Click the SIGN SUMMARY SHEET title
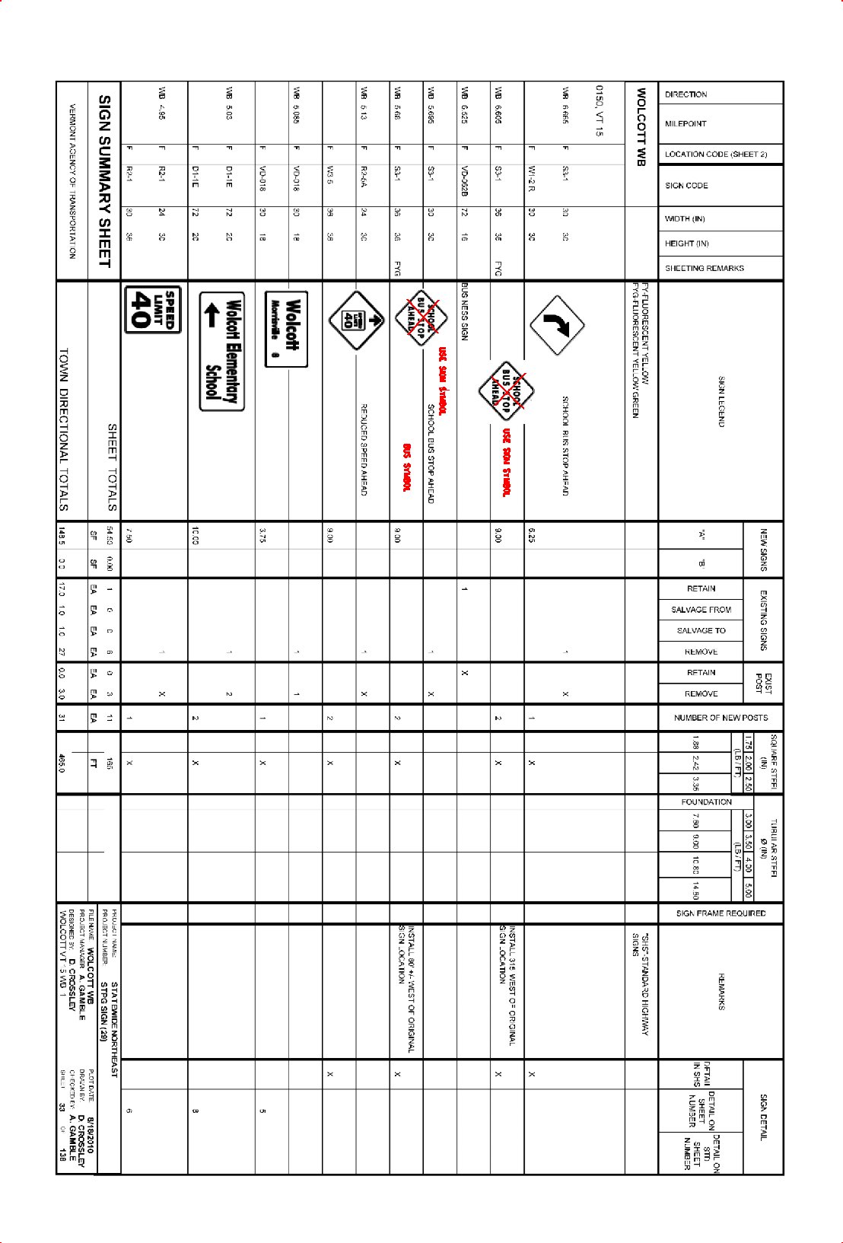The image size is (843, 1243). pyautogui.click(x=105, y=181)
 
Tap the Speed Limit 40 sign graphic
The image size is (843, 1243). pyautogui.click(x=153, y=309)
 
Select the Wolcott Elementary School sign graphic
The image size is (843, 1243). pyautogui.click(x=222, y=351)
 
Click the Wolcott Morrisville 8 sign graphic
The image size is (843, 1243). pyautogui.click(x=286, y=329)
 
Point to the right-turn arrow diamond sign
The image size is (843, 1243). pyautogui.click(x=557, y=325)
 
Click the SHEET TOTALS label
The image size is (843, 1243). pyautogui.click(x=112, y=467)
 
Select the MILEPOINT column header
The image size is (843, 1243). pyautogui.click(x=686, y=123)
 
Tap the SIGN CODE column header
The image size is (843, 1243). pyautogui.click(x=686, y=185)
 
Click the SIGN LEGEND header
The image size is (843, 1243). pyautogui.click(x=721, y=401)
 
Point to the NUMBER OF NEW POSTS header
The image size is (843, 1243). pyautogui.click(x=721, y=718)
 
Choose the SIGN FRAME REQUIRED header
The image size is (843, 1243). pyautogui.click(x=721, y=913)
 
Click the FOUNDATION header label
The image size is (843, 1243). pyautogui.click(x=706, y=802)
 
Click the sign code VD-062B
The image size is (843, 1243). pyautogui.click(x=464, y=183)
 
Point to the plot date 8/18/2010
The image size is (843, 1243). pyautogui.click(x=91, y=1134)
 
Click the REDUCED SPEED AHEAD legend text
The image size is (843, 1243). pyautogui.click(x=364, y=449)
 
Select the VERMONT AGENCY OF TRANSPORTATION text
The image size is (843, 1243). pyautogui.click(x=72, y=181)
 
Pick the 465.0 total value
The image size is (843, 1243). pyautogui.click(x=62, y=763)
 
